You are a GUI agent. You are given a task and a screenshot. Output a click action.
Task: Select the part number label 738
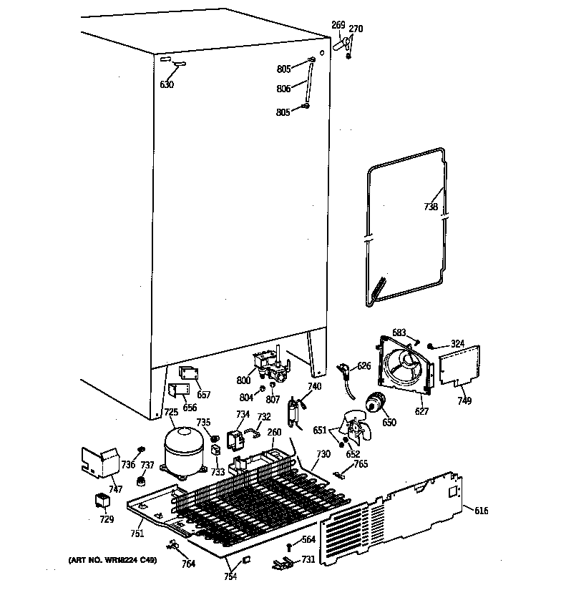click(x=430, y=207)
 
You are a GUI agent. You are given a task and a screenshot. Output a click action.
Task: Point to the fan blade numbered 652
click(x=358, y=431)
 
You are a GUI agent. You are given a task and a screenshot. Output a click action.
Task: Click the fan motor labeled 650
click(x=374, y=405)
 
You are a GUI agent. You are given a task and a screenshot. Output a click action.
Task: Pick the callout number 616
click(x=481, y=509)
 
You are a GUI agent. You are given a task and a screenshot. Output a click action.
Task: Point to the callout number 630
click(x=166, y=84)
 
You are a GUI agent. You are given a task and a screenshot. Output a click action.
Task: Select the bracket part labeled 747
click(x=99, y=462)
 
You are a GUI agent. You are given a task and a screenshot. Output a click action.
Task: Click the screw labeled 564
click(x=288, y=548)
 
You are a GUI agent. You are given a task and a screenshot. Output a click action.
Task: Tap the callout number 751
click(x=137, y=533)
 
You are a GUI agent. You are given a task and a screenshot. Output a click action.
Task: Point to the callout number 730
click(x=323, y=454)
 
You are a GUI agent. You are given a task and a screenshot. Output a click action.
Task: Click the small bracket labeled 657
click(x=187, y=374)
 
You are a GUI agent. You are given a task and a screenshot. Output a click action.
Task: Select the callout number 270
click(x=356, y=29)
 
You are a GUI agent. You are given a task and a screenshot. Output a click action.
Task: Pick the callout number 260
click(x=274, y=431)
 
